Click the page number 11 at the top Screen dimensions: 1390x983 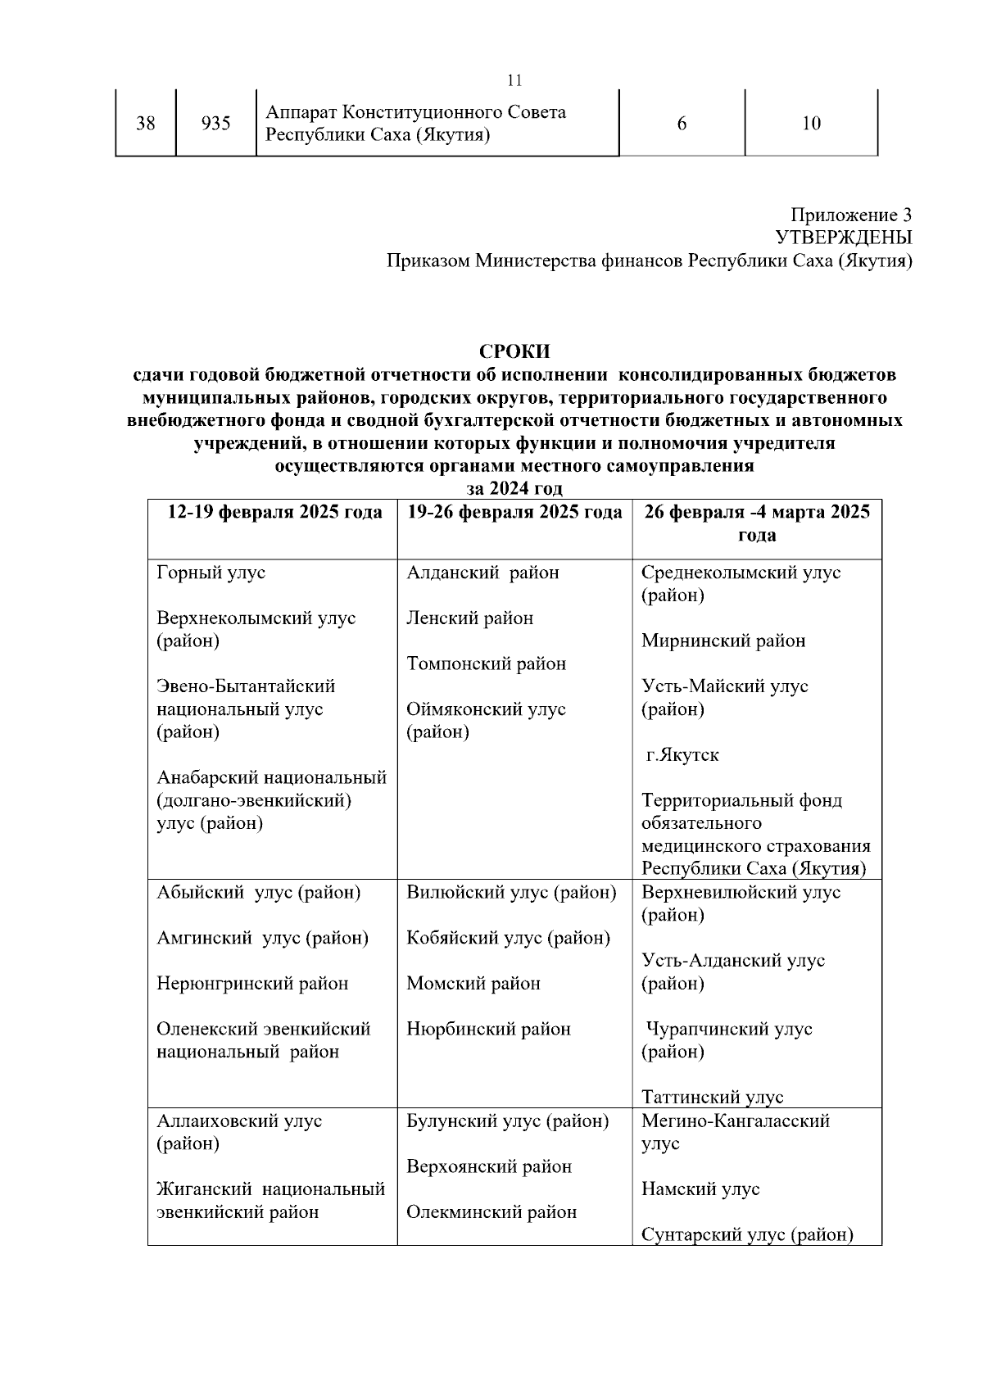click(x=514, y=80)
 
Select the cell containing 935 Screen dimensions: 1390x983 click(x=215, y=124)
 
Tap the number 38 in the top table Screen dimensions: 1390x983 click(x=146, y=124)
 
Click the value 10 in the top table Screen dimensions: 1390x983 click(x=811, y=124)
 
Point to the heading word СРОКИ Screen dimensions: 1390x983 click(x=514, y=351)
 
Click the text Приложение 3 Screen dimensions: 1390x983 click(x=850, y=215)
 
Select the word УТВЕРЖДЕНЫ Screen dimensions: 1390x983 click(x=843, y=238)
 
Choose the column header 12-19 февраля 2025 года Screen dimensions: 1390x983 click(x=274, y=513)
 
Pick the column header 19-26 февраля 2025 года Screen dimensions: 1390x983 click(x=514, y=513)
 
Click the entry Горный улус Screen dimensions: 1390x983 click(x=211, y=573)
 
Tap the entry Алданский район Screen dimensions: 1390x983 click(x=482, y=573)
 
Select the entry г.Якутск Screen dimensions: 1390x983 click(x=682, y=755)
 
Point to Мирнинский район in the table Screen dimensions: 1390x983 click(x=723, y=641)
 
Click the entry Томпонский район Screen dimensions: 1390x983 click(x=486, y=664)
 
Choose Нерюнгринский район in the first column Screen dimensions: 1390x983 click(x=252, y=984)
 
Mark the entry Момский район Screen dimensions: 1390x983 click(x=473, y=984)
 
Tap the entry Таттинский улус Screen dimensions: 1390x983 click(x=713, y=1098)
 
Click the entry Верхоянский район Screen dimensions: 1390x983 click(x=489, y=1166)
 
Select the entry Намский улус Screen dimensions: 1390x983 click(x=700, y=1189)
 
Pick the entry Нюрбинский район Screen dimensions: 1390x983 click(x=488, y=1030)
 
